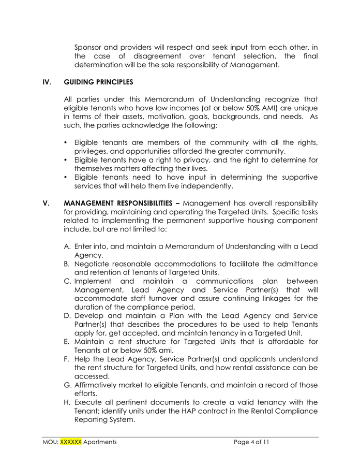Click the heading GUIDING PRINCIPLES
tap(98, 82)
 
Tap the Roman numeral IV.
tap(47, 82)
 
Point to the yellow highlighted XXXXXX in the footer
tap(71, 442)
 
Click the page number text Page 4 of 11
tap(251, 442)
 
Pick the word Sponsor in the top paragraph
tap(90, 47)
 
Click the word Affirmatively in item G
tap(99, 385)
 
